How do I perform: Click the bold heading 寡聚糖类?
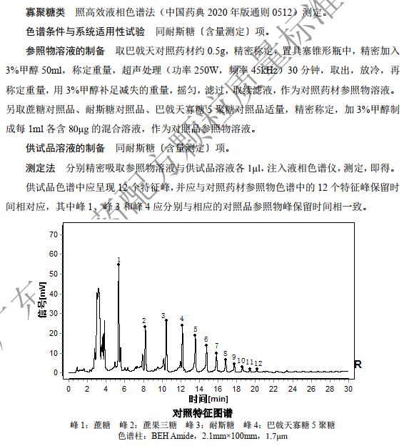pyautogui.click(x=45, y=12)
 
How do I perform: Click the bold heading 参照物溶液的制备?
pyautogui.click(x=65, y=51)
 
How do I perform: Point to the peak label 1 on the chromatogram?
pyautogui.click(x=118, y=259)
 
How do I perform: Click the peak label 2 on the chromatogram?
pyautogui.click(x=143, y=321)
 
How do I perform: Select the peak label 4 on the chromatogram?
pyautogui.click(x=181, y=318)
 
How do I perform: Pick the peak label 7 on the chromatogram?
pyautogui.click(x=216, y=346)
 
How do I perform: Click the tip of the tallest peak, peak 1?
pyautogui.click(x=118, y=264)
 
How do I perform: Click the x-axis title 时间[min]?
pyautogui.click(x=210, y=399)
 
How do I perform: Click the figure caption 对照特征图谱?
pyautogui.click(x=203, y=413)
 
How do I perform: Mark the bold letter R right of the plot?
pyautogui.click(x=358, y=364)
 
